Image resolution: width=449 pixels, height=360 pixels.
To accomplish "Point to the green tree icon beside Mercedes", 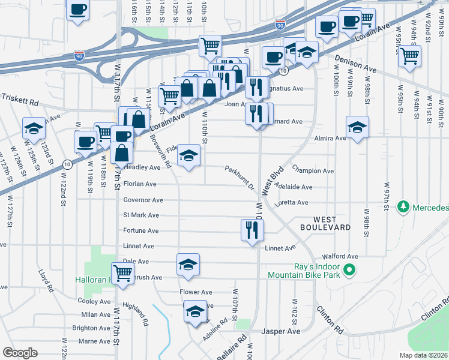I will coord(403,208).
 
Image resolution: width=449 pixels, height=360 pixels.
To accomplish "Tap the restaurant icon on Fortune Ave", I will coord(252,229).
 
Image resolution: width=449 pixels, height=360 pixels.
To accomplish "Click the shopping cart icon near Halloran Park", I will coord(122,273).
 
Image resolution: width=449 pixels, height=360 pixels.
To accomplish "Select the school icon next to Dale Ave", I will coord(187,264).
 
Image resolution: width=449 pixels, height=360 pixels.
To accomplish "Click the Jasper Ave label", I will coord(281,331).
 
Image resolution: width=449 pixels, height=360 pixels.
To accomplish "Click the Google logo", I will coord(20,352).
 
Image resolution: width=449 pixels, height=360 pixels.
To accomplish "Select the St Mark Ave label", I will coord(141,215).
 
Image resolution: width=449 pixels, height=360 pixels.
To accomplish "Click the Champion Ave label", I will coord(312,171).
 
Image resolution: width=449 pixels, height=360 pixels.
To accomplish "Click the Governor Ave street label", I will coord(143,200).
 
